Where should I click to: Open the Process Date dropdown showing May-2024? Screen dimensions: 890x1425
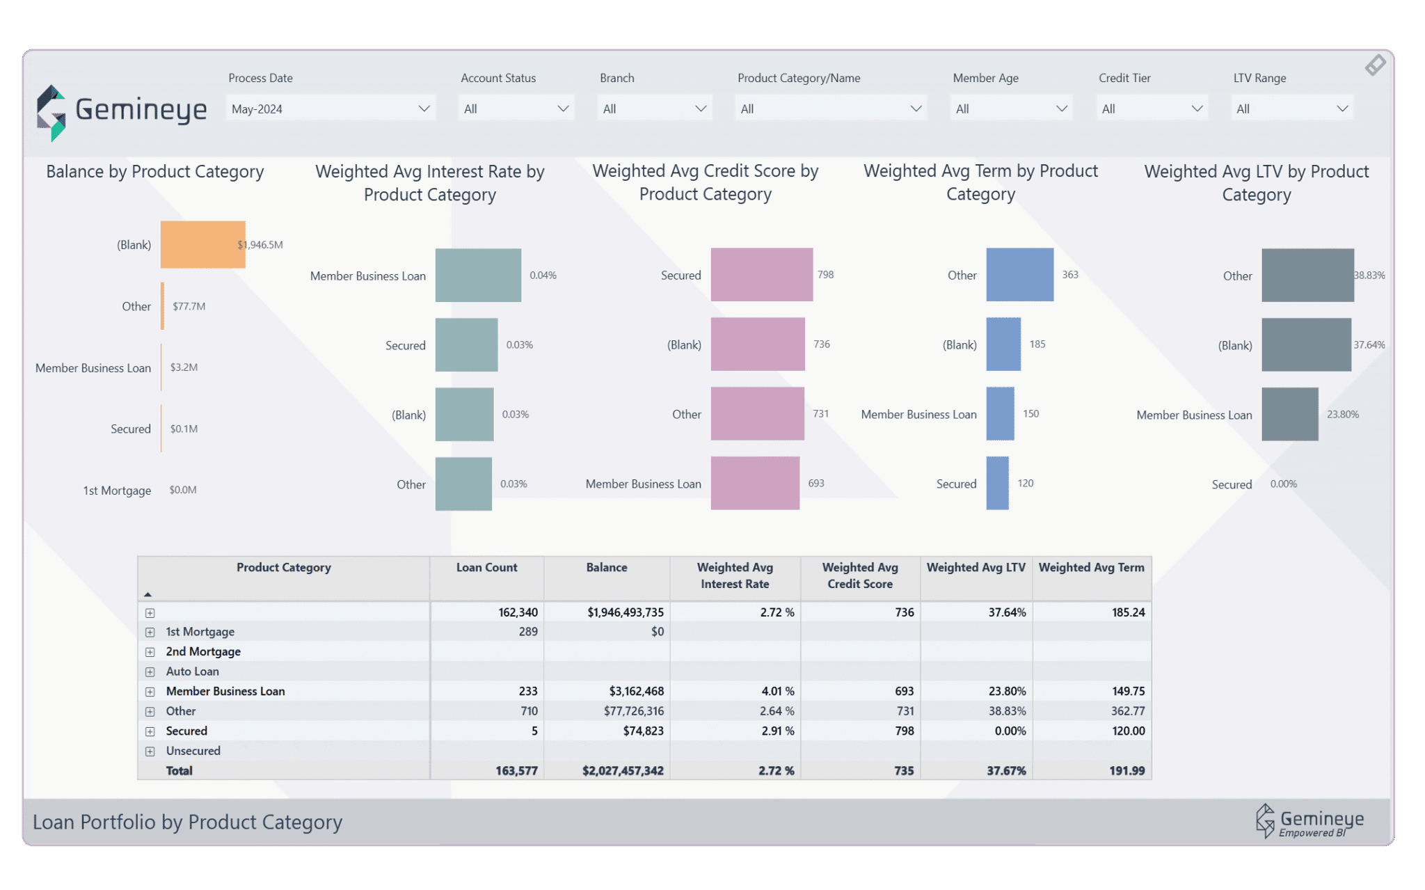331,109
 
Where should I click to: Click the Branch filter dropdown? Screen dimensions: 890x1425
654,109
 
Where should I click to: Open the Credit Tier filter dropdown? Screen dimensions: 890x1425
1152,109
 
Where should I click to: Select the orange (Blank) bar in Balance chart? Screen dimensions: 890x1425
202,244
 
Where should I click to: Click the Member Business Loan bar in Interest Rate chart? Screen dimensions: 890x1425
478,276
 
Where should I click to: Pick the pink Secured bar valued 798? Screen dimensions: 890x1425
761,275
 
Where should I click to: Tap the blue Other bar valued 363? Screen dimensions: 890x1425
1019,275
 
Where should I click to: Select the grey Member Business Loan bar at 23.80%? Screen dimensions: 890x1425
1289,414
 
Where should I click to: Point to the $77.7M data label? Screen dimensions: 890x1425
189,306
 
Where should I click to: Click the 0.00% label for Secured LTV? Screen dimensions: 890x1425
1283,484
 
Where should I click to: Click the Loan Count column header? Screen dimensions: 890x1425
486,568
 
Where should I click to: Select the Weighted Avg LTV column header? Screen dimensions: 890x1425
976,568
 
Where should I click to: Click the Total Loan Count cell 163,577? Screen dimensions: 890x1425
516,771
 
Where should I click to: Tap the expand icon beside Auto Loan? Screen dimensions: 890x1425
150,672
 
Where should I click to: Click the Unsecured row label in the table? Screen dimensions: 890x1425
193,751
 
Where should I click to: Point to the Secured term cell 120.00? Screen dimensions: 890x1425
1128,731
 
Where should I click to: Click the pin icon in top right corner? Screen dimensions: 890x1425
1375,65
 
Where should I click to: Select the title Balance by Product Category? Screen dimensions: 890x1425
154,172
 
